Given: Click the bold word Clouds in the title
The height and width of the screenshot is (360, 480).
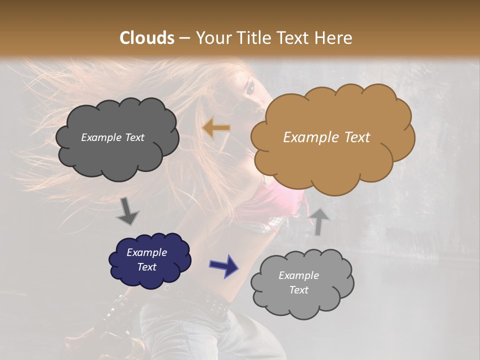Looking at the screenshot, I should click(x=147, y=38).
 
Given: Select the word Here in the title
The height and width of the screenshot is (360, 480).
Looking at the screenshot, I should click(x=334, y=38).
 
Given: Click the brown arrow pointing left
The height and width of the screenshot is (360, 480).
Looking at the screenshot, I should click(x=216, y=128).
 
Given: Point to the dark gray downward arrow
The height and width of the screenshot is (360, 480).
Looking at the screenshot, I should click(x=128, y=211).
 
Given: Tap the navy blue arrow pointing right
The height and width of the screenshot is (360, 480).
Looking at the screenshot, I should click(x=223, y=265).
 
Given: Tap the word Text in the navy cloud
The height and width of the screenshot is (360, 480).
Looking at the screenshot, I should click(x=147, y=267).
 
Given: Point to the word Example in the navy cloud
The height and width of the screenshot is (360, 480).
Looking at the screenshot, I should click(x=147, y=252).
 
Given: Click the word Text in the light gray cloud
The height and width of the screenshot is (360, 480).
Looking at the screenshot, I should click(x=299, y=290).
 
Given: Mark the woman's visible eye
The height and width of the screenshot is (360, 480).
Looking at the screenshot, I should click(x=250, y=88).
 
